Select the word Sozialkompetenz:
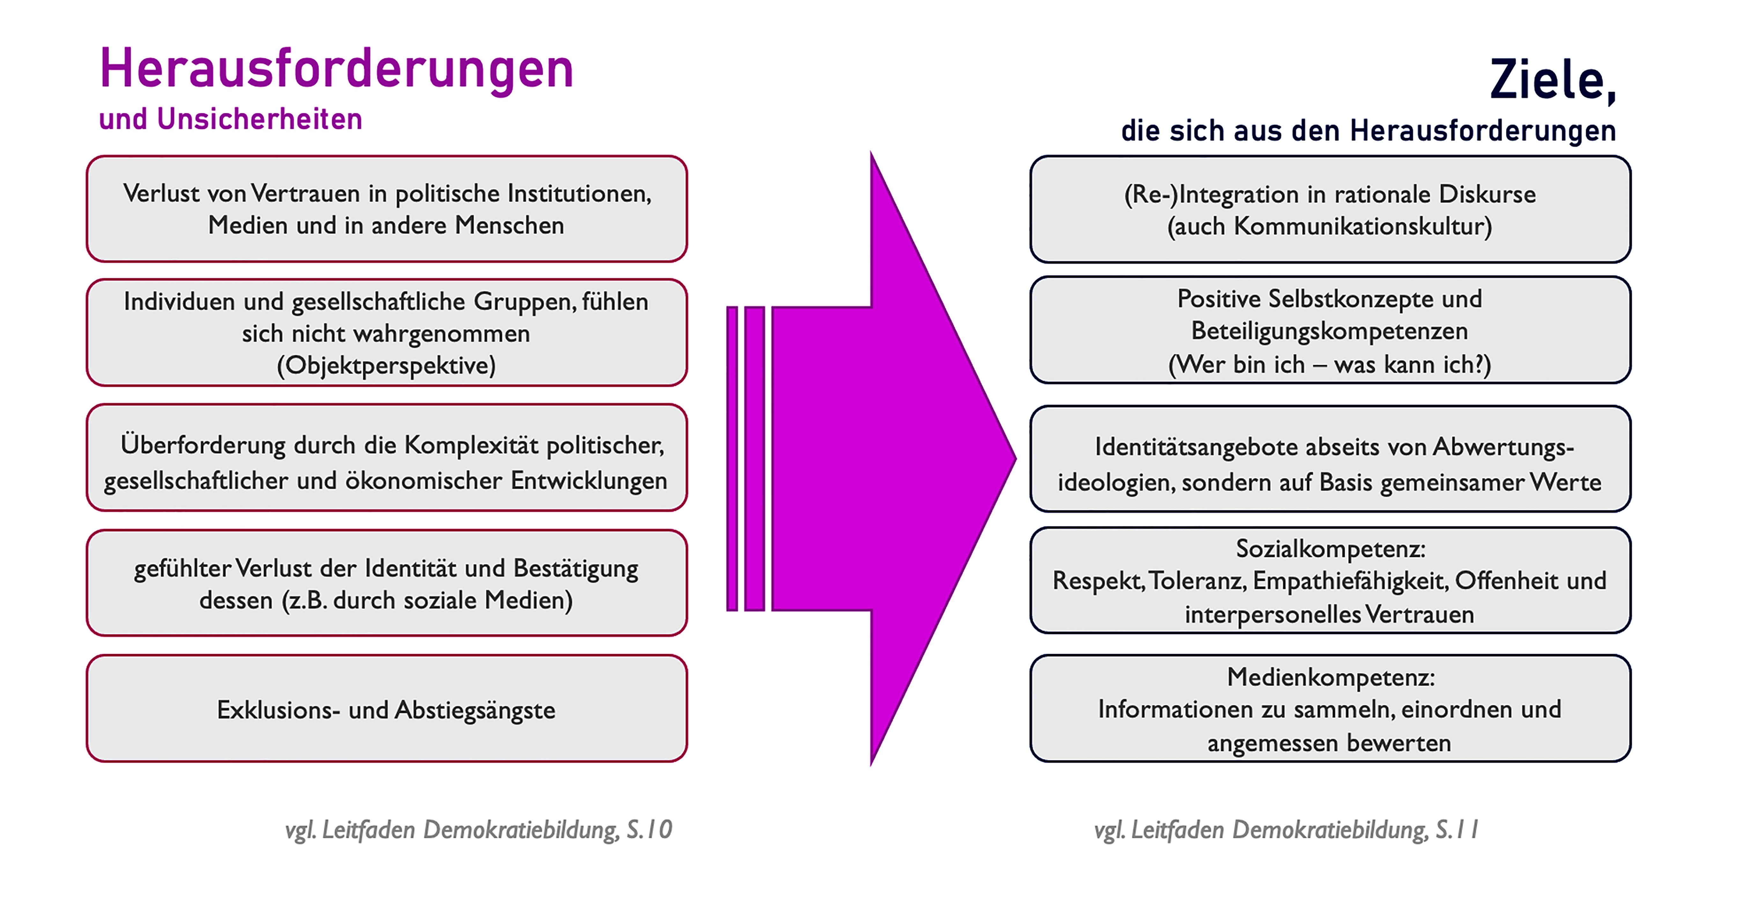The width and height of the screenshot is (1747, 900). pos(1331,549)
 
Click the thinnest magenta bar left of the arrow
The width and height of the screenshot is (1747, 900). pos(732,459)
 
